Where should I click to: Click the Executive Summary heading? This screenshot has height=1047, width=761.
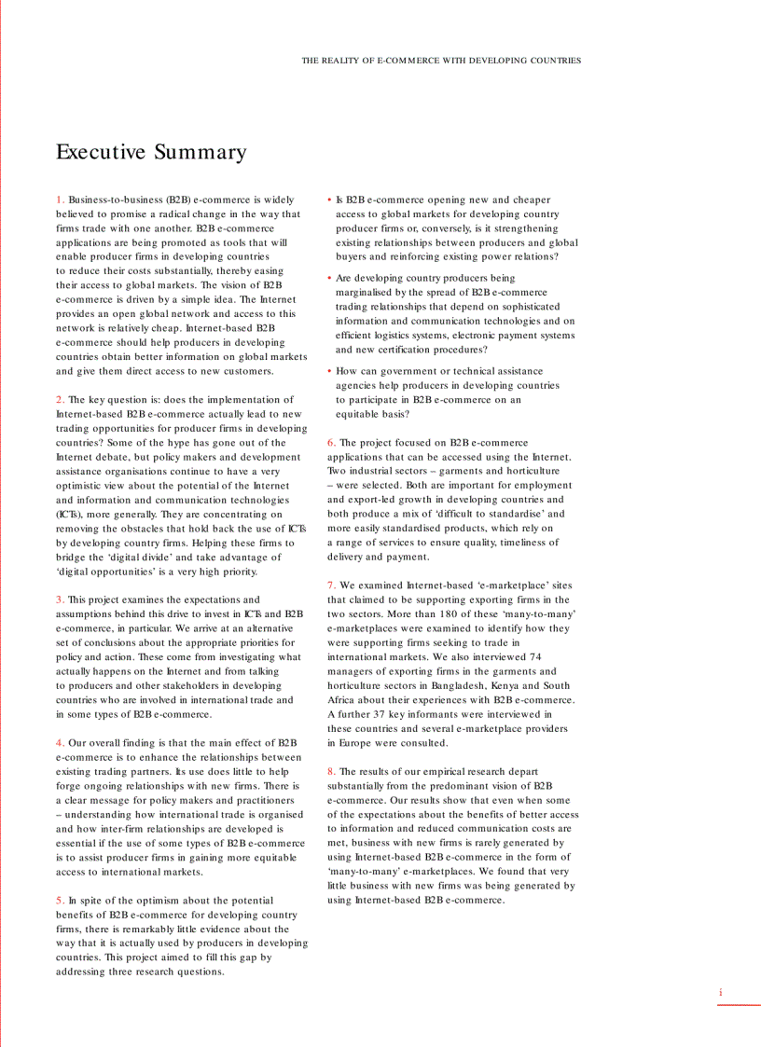coord(151,152)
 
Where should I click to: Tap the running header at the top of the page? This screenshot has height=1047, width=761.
coord(440,61)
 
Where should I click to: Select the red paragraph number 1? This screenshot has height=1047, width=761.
coord(60,200)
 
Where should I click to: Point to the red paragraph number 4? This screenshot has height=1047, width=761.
coord(60,743)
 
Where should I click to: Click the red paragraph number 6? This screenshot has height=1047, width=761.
coord(331,443)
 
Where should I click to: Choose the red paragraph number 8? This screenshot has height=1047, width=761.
coord(331,771)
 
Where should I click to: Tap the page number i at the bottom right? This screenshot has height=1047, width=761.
coord(720,993)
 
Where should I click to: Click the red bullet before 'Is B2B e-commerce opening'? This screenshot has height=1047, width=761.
coord(329,200)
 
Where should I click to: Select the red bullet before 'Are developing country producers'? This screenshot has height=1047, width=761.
coord(329,278)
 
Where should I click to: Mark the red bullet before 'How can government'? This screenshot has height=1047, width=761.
coord(329,371)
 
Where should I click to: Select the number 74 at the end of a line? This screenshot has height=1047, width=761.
coord(535,656)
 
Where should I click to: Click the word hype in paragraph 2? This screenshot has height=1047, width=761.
coord(173,443)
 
